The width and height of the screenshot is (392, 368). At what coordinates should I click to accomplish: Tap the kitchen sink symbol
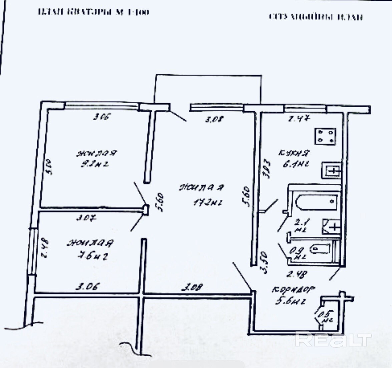point(331,170)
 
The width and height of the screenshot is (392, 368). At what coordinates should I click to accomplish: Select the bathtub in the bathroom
point(317,201)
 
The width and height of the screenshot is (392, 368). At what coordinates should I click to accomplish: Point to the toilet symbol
point(320,248)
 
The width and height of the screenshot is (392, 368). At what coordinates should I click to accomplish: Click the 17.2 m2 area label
point(208,202)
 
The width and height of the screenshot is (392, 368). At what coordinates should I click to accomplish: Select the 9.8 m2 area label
point(95,164)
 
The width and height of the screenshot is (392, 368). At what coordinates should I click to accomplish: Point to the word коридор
point(293,290)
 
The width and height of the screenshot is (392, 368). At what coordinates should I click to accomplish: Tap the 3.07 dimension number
point(86,218)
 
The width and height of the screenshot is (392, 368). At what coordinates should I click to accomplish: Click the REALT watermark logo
point(333,339)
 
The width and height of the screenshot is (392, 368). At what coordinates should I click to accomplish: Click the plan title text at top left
point(94,12)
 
